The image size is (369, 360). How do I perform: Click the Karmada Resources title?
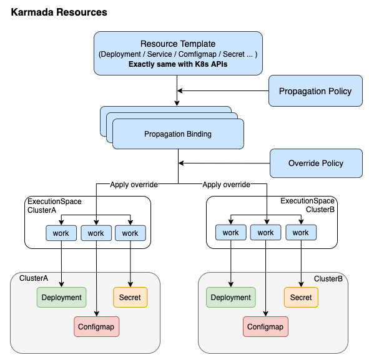pos(59,12)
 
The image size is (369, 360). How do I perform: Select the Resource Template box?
pos(178,54)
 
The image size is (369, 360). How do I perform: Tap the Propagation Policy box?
pos(315,90)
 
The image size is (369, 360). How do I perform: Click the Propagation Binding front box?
pos(178,134)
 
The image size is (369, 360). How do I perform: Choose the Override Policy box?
pos(316,163)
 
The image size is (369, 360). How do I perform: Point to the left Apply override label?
pos(134,185)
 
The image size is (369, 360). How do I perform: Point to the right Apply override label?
pos(226,185)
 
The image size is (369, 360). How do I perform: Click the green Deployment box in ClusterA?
pos(61,297)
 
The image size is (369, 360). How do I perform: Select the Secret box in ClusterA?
pos(130,297)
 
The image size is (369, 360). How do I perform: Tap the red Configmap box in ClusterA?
pos(97,326)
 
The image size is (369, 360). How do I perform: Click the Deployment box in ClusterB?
pos(231,297)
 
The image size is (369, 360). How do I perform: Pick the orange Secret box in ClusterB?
pos(301,297)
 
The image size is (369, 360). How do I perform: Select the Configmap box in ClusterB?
pos(265,326)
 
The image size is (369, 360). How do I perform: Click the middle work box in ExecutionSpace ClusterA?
pos(96,233)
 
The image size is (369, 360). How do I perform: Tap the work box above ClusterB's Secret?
pos(301,232)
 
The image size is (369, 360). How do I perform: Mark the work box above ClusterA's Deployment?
pos(61,233)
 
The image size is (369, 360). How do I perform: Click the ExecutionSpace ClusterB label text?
pos(307,205)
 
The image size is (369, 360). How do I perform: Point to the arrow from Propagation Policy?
pos(223,90)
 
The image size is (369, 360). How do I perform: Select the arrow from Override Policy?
pos(224,163)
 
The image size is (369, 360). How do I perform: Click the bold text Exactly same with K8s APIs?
pos(178,64)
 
